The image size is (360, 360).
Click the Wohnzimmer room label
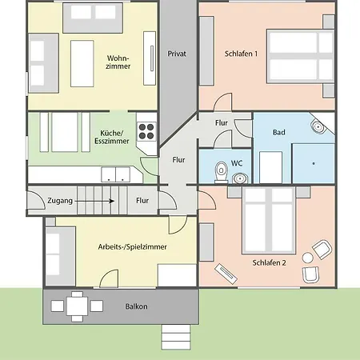[x=118, y=62]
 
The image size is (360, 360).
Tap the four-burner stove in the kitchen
[x=146, y=132]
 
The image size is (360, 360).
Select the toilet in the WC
[x=221, y=172]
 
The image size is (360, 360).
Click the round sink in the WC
[x=240, y=178]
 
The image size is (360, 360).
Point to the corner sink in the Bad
[x=318, y=126]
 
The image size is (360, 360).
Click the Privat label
[x=177, y=54]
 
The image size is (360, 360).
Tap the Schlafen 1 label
[x=241, y=54]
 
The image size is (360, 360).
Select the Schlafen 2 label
[x=269, y=262]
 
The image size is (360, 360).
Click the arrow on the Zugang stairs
[x=94, y=201]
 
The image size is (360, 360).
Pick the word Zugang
[x=60, y=201]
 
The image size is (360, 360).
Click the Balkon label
[x=136, y=306]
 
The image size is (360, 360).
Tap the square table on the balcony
[x=77, y=306]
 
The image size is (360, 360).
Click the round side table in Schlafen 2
[x=308, y=258]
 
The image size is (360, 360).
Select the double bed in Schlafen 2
[x=269, y=220]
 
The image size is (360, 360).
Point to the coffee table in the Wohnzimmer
[x=82, y=64]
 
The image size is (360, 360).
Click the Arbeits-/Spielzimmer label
[x=132, y=246]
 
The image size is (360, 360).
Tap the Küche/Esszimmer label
[x=112, y=137]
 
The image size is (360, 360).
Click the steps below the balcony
[x=176, y=337]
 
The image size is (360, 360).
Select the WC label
[x=237, y=163]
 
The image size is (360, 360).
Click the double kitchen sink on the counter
[x=115, y=174]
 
